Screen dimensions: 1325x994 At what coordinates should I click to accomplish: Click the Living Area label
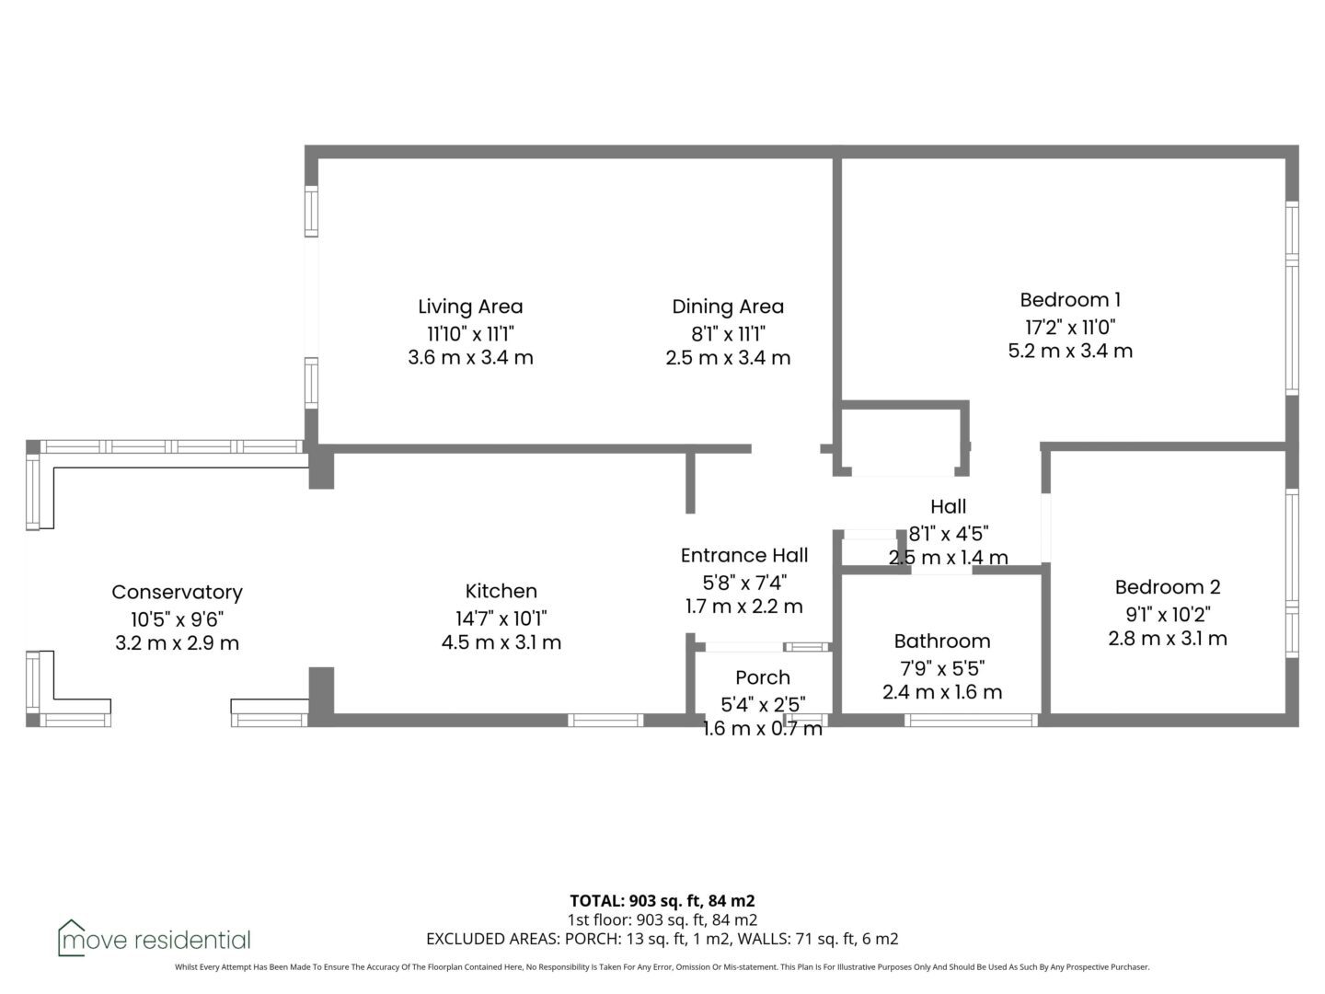470,306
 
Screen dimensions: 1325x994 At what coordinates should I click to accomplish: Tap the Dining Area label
728,306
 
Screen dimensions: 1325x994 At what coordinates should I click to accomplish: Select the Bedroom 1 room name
1070,300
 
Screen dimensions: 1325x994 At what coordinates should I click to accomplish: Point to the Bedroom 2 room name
1168,586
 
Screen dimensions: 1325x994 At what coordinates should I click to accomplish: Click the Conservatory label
177,592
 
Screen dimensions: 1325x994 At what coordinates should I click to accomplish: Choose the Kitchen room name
501,591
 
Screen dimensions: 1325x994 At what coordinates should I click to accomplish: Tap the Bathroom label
941,641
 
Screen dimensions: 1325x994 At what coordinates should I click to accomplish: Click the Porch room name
763,677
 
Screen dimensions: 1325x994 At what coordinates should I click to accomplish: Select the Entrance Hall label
744,555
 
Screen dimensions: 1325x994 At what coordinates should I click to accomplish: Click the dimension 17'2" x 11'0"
1070,327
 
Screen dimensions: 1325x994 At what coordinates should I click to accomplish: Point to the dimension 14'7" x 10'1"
501,618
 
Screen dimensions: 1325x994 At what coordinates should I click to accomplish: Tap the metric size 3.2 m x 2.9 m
177,643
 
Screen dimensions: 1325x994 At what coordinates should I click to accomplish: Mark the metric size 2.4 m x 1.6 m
941,692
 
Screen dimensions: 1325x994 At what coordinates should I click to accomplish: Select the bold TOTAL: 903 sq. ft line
662,900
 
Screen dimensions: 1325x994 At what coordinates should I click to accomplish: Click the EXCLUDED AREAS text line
662,939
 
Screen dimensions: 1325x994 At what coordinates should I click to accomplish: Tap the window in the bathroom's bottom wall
971,720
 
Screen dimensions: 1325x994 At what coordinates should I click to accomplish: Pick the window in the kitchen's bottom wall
605,720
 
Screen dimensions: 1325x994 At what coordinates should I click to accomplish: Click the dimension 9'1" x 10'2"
1168,615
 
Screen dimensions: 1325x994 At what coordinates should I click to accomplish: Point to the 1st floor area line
662,919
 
